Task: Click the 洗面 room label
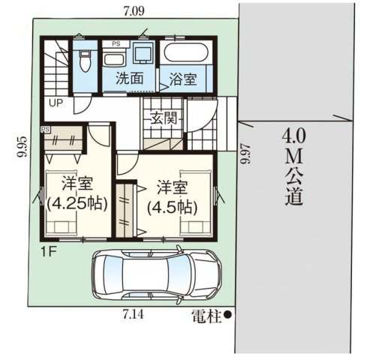click(x=129, y=77)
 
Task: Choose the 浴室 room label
click(x=182, y=78)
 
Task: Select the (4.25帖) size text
click(x=77, y=203)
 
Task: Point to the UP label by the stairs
click(x=56, y=103)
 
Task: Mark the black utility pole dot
click(x=227, y=316)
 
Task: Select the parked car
click(x=156, y=274)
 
